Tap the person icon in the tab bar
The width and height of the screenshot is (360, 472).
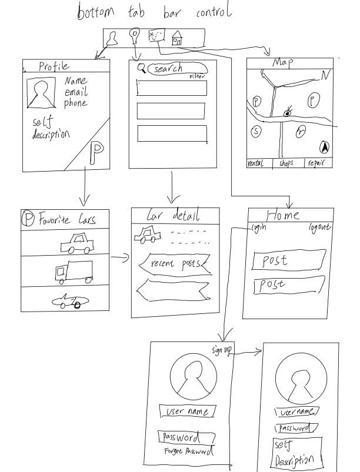114,38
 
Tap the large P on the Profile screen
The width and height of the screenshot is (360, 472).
95,154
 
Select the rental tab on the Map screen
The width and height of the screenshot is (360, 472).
256,163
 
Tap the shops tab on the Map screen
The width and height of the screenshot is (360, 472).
286,163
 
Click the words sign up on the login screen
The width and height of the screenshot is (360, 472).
222,351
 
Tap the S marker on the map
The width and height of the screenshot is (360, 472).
256,132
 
